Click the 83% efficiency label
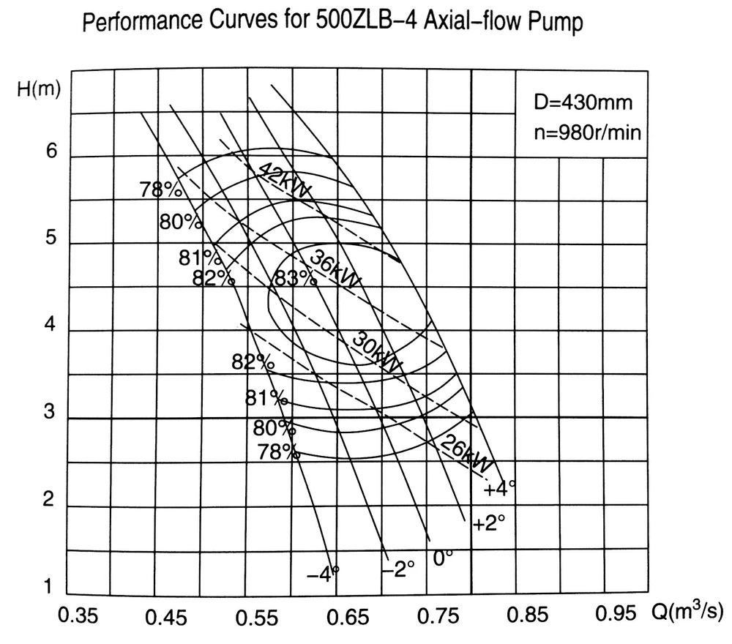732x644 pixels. click(x=294, y=278)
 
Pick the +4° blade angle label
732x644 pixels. click(x=499, y=488)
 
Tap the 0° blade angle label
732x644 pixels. click(x=444, y=558)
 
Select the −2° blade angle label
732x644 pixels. click(x=398, y=569)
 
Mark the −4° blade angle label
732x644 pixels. click(x=322, y=573)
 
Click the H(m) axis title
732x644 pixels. click(x=39, y=88)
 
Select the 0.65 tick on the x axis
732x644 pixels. click(x=346, y=618)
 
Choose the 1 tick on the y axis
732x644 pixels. click(x=48, y=588)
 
